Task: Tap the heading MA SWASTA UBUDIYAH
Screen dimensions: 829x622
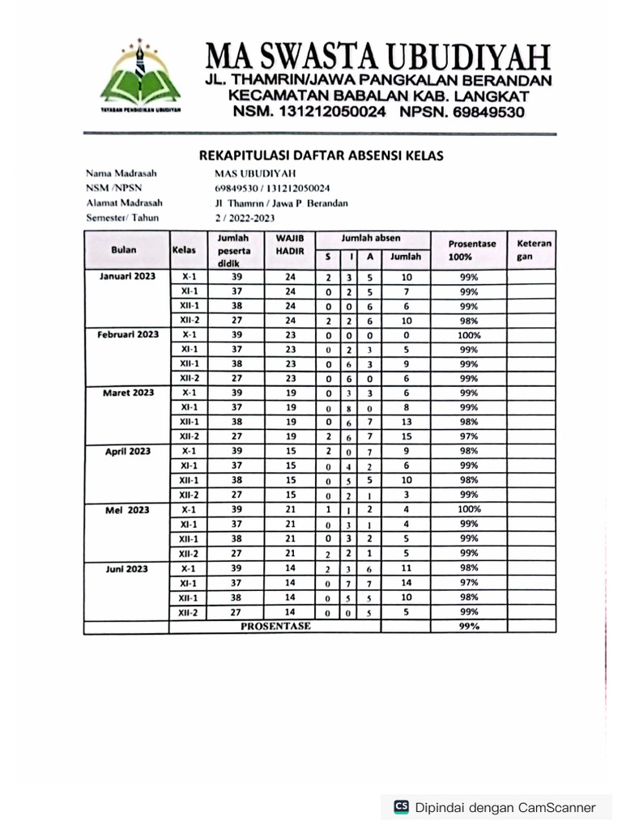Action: [378, 57]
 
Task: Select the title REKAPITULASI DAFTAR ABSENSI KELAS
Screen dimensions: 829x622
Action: [321, 155]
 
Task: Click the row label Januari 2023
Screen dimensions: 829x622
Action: [127, 276]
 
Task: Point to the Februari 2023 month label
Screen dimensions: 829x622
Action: [127, 334]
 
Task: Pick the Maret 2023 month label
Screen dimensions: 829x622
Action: [127, 393]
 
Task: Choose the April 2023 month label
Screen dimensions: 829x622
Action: [127, 451]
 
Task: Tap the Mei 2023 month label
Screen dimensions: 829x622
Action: [127, 509]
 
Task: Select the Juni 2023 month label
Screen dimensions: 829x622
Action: [127, 568]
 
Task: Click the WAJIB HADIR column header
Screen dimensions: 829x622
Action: [289, 245]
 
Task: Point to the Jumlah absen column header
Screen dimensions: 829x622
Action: [371, 239]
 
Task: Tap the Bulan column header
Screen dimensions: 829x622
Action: [124, 250]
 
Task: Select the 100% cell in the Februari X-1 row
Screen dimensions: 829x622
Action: [469, 334]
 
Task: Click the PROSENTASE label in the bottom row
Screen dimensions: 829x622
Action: [275, 626]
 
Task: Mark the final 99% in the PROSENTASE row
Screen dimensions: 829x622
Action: [469, 627]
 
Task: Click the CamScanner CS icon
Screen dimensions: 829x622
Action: [401, 806]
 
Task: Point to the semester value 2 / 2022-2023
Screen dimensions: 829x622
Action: [245, 218]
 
